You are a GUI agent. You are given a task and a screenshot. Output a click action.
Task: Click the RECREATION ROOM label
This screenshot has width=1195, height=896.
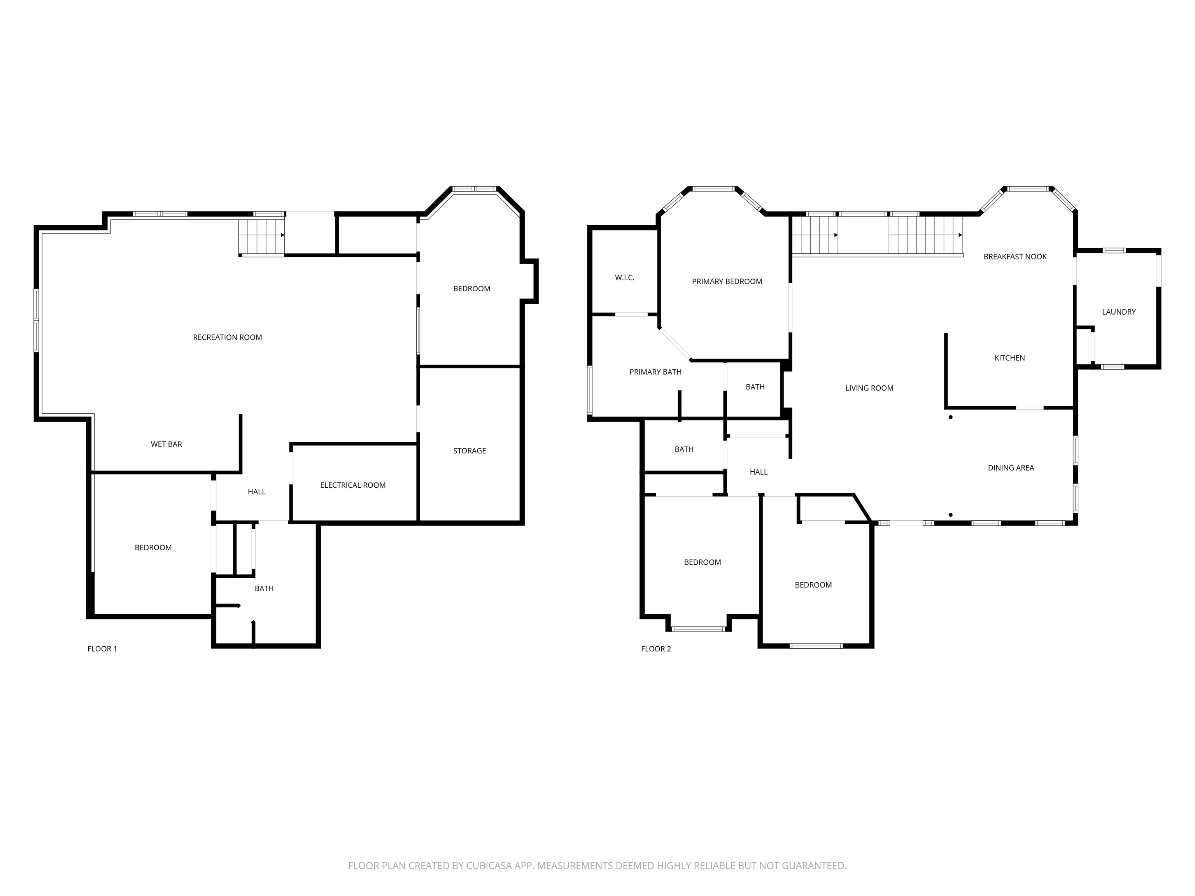228,338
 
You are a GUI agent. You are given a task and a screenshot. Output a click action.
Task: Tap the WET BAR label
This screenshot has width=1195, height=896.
166,444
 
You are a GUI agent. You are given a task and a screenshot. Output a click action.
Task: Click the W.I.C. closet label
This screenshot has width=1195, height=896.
624,278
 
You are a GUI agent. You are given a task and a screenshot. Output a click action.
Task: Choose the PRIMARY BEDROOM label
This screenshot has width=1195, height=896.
727,282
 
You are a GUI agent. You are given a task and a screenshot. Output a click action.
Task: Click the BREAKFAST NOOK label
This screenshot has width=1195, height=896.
1015,257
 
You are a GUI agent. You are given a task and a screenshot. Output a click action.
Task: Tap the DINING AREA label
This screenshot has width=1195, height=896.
1010,468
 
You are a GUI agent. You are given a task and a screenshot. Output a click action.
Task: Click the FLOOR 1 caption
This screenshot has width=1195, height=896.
102,649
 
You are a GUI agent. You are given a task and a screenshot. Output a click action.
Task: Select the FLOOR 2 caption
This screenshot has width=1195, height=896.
656,649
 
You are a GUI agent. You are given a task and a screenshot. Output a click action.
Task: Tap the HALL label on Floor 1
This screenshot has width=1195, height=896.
257,492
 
